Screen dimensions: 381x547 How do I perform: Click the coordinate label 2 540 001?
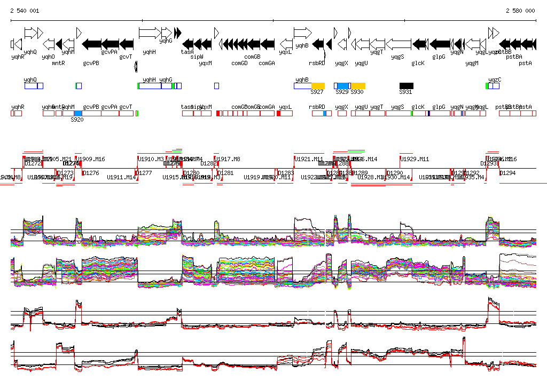(25, 11)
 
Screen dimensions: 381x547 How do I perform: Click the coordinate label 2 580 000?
(520, 11)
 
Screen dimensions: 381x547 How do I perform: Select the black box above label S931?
(407, 85)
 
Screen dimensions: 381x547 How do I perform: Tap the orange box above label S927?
(318, 85)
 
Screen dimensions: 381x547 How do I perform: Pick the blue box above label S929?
(342, 85)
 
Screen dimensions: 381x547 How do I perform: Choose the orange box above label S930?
(358, 85)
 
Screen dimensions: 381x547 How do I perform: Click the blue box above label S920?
(78, 113)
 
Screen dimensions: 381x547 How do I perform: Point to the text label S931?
(406, 92)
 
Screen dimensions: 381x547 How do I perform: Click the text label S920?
(77, 120)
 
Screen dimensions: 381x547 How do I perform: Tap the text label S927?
(317, 92)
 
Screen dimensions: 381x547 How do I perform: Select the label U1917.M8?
(228, 159)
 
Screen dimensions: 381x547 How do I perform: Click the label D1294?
(507, 173)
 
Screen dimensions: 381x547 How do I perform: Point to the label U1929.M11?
(415, 159)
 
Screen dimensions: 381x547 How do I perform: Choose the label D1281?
(226, 173)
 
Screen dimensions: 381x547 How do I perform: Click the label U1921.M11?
(309, 159)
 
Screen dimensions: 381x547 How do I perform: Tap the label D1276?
(91, 173)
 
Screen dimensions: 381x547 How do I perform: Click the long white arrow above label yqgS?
(398, 43)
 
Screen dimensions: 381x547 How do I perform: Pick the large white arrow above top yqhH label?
(150, 33)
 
